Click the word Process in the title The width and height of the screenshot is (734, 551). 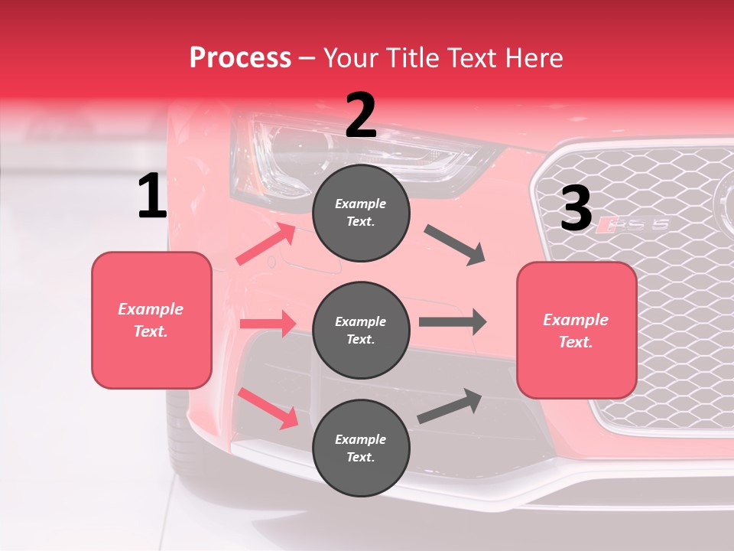coord(240,57)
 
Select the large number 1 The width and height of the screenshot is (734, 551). coord(151,197)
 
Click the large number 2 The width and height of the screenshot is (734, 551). coord(361,116)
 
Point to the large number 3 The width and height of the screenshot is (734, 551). coord(576,209)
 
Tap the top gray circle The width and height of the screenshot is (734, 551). coord(361,213)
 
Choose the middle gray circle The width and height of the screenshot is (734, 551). coord(361,331)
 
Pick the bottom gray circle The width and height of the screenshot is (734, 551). coord(361,448)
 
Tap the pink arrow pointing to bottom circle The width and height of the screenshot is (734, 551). coord(268,408)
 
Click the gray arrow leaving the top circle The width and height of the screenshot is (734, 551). coord(455,245)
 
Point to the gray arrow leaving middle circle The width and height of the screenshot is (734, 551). coord(453,321)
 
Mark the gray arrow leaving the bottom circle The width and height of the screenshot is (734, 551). coord(450,406)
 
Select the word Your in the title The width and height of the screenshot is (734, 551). coord(351,57)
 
